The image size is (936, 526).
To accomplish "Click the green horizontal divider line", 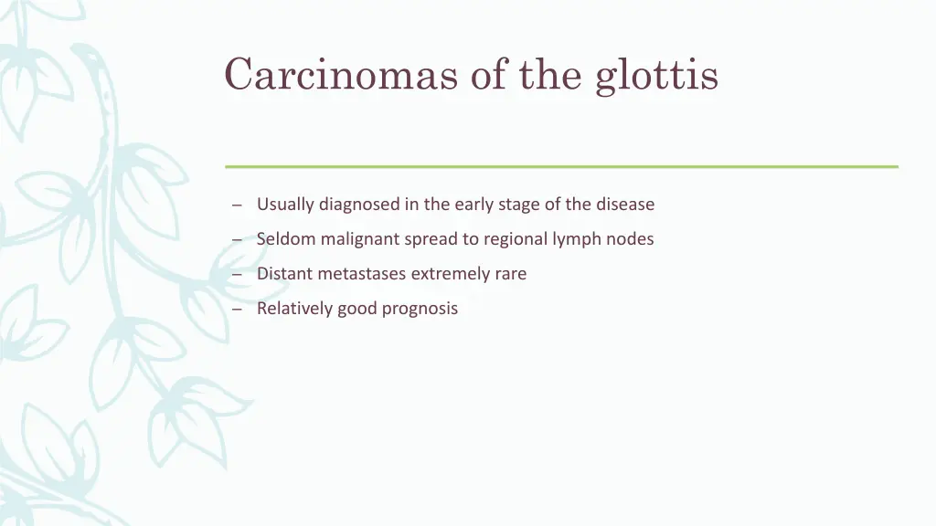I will (x=561, y=166).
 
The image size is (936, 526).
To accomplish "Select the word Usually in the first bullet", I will (x=285, y=205).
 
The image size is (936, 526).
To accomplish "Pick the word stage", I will (x=519, y=205).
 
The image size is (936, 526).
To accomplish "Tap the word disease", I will (x=625, y=205).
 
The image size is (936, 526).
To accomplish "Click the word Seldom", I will (x=286, y=239).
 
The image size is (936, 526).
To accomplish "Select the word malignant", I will (x=359, y=239).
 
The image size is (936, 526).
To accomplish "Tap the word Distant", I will (x=284, y=274).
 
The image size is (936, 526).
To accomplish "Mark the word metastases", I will (x=362, y=274).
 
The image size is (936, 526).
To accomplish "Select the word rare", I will (x=511, y=274).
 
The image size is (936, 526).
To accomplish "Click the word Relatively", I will (x=294, y=309).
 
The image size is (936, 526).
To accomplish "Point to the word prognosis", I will (x=420, y=309).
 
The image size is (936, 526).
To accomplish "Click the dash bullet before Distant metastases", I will (x=237, y=275).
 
